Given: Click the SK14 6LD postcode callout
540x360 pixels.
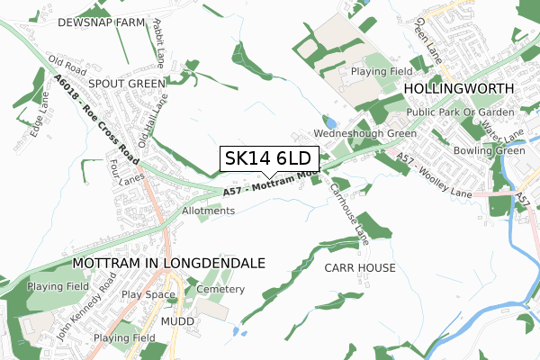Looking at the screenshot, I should (x=266, y=159).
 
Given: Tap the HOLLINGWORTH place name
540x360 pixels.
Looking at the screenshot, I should (x=458, y=89).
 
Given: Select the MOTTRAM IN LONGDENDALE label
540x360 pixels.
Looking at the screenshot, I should (x=167, y=263).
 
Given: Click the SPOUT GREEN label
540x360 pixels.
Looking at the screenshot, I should (x=127, y=83).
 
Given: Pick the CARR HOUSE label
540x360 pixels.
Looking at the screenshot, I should (x=359, y=268).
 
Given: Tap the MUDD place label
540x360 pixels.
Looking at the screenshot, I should (x=176, y=320).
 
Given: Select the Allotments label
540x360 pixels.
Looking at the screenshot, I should (x=208, y=211).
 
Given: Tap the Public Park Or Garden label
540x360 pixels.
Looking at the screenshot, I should (x=459, y=112).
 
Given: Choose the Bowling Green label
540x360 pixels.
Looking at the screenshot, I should (x=489, y=150).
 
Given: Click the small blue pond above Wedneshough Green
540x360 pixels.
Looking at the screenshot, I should (x=331, y=121).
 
